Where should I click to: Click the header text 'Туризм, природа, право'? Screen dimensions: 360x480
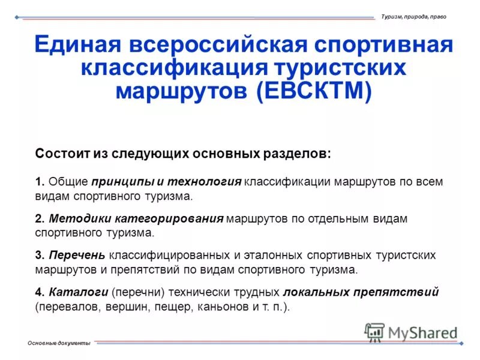413,16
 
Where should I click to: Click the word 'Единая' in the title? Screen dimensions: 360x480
74,46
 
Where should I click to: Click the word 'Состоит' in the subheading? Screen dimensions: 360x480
62,153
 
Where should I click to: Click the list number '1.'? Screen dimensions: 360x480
40,181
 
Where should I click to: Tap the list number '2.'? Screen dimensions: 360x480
40,218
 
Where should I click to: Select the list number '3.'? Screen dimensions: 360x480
40,255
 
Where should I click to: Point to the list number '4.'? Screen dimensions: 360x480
40,292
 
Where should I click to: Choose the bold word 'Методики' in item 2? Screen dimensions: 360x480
75,218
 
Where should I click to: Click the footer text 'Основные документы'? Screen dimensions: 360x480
59,343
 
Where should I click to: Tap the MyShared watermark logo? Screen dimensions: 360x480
411,332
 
